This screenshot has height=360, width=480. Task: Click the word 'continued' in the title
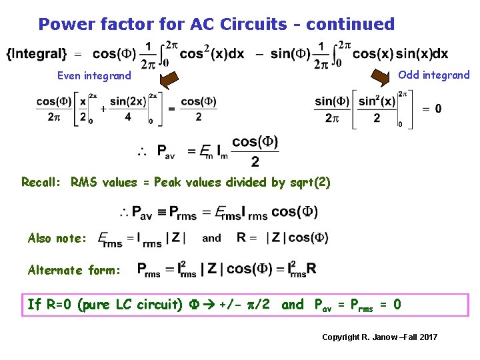[x=352, y=24]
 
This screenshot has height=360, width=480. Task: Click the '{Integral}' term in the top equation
[x=37, y=53]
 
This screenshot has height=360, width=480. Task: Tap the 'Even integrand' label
[x=94, y=75]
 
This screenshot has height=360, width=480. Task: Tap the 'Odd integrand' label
[x=433, y=75]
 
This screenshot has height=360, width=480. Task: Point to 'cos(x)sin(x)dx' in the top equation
[x=400, y=53]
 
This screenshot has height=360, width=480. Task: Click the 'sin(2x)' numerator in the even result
[x=127, y=101]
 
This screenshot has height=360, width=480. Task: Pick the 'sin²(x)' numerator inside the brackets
[x=377, y=101]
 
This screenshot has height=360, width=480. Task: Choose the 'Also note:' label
[x=57, y=238]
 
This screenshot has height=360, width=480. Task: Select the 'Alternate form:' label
[x=74, y=269]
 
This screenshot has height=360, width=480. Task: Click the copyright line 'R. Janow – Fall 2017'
[x=380, y=337]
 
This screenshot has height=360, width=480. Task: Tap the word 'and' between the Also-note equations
[x=211, y=238]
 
